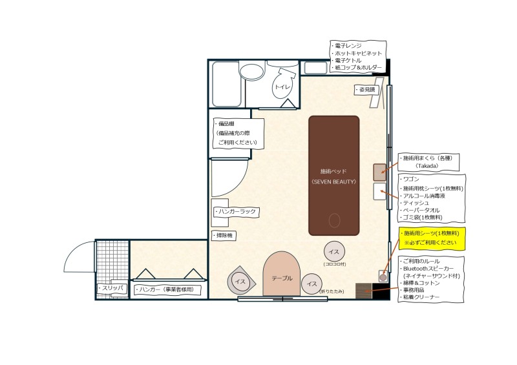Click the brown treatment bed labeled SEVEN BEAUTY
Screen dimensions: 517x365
[333, 176]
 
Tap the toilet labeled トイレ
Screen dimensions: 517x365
[283, 84]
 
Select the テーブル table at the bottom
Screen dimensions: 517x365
[282, 274]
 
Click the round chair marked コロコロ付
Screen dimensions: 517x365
[334, 251]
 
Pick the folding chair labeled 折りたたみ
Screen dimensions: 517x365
[311, 284]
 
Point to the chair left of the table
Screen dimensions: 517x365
[240, 281]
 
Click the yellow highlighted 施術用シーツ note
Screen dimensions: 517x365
[432, 238]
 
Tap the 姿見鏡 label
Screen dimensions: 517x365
[366, 90]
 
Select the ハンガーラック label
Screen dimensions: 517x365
[236, 211]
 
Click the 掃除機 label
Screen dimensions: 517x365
[224, 235]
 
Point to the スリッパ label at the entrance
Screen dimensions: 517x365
[111, 288]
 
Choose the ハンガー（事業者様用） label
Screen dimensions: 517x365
[164, 290]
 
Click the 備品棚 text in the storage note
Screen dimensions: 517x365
[226, 124]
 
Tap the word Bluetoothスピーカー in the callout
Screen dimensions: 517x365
[428, 269]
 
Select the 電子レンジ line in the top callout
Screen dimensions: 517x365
[348, 46]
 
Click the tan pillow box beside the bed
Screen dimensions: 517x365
[379, 172]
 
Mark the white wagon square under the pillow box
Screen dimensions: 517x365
[379, 192]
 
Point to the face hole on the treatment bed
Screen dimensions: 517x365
[334, 220]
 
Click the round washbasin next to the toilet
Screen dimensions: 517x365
[252, 70]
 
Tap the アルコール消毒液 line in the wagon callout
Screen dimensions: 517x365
[424, 196]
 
